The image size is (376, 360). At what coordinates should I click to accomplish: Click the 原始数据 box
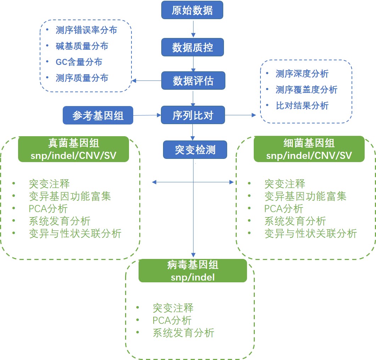coord(192,10)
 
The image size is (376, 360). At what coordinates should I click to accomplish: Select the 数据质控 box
coord(192,47)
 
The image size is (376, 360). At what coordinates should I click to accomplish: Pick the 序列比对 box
coord(193,115)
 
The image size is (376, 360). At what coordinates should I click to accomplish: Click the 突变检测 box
coord(195,149)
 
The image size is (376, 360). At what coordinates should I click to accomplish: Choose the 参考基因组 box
coord(98,115)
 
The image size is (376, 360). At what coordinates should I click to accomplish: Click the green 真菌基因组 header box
coord(73,149)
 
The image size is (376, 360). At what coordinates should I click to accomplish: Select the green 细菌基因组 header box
coord(309,149)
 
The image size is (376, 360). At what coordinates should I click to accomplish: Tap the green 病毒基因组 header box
coord(192,271)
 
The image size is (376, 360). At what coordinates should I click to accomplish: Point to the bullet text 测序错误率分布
coord(86,30)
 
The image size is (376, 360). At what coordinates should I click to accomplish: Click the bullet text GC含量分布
coord(79,62)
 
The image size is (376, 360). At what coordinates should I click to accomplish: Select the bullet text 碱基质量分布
coord(82,46)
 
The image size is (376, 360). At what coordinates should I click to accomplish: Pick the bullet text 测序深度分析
coord(302,74)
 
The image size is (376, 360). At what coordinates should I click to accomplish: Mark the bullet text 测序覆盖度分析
coord(306,90)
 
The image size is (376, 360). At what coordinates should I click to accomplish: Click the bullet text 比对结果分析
coord(302,106)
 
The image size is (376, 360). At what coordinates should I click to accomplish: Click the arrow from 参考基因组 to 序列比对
coord(147,115)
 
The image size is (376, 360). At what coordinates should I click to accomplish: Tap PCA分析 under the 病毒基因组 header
coord(172,320)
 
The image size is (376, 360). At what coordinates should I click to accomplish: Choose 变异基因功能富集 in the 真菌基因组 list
coord(70,196)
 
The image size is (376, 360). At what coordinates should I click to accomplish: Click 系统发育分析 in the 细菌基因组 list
coord(295,221)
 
